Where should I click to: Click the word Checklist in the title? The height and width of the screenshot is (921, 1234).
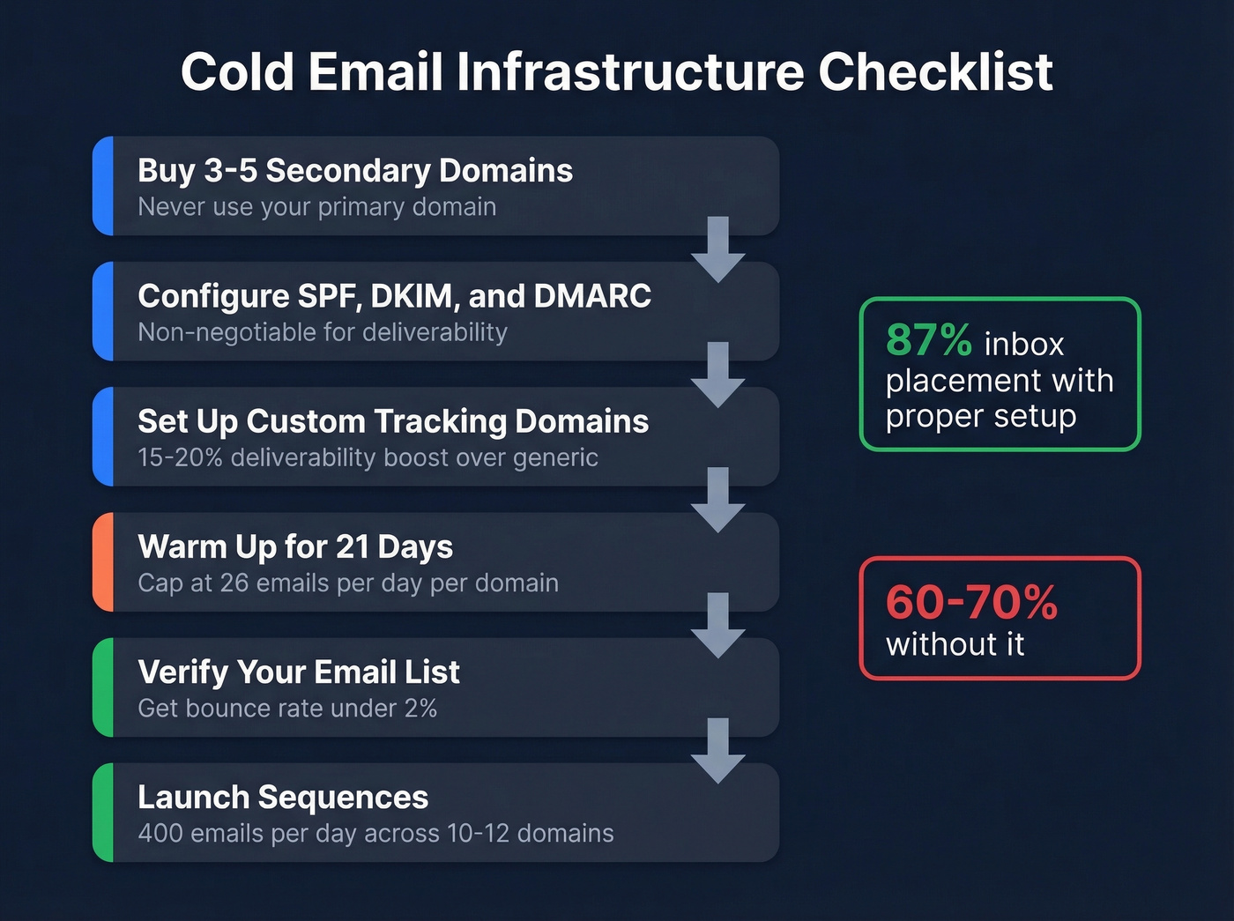pyautogui.click(x=935, y=72)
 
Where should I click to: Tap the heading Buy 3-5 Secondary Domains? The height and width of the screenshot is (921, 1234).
pyautogui.click(x=355, y=170)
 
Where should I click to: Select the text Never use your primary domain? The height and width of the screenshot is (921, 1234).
pyautogui.click(x=316, y=207)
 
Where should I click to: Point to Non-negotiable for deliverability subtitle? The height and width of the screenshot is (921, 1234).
pyautogui.click(x=323, y=332)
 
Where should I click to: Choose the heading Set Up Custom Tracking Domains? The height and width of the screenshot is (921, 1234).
pyautogui.click(x=393, y=421)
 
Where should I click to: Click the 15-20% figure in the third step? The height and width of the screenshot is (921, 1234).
pyautogui.click(x=180, y=458)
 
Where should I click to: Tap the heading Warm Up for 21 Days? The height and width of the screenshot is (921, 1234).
pyautogui.click(x=295, y=546)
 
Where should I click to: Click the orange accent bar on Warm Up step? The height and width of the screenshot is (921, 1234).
pyautogui.click(x=102, y=562)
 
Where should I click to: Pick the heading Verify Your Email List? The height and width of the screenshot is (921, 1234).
pyautogui.click(x=299, y=672)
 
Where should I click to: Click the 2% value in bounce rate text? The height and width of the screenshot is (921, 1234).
pyautogui.click(x=420, y=709)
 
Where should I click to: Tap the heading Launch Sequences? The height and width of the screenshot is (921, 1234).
pyautogui.click(x=283, y=798)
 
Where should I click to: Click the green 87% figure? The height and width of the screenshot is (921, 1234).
pyautogui.click(x=928, y=340)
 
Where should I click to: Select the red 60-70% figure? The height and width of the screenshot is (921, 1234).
pyautogui.click(x=971, y=603)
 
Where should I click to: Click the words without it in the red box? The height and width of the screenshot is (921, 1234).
pyautogui.click(x=955, y=645)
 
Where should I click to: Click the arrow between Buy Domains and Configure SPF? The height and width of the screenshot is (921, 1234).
pyautogui.click(x=718, y=249)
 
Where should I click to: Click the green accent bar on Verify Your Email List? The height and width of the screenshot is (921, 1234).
pyautogui.click(x=102, y=687)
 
